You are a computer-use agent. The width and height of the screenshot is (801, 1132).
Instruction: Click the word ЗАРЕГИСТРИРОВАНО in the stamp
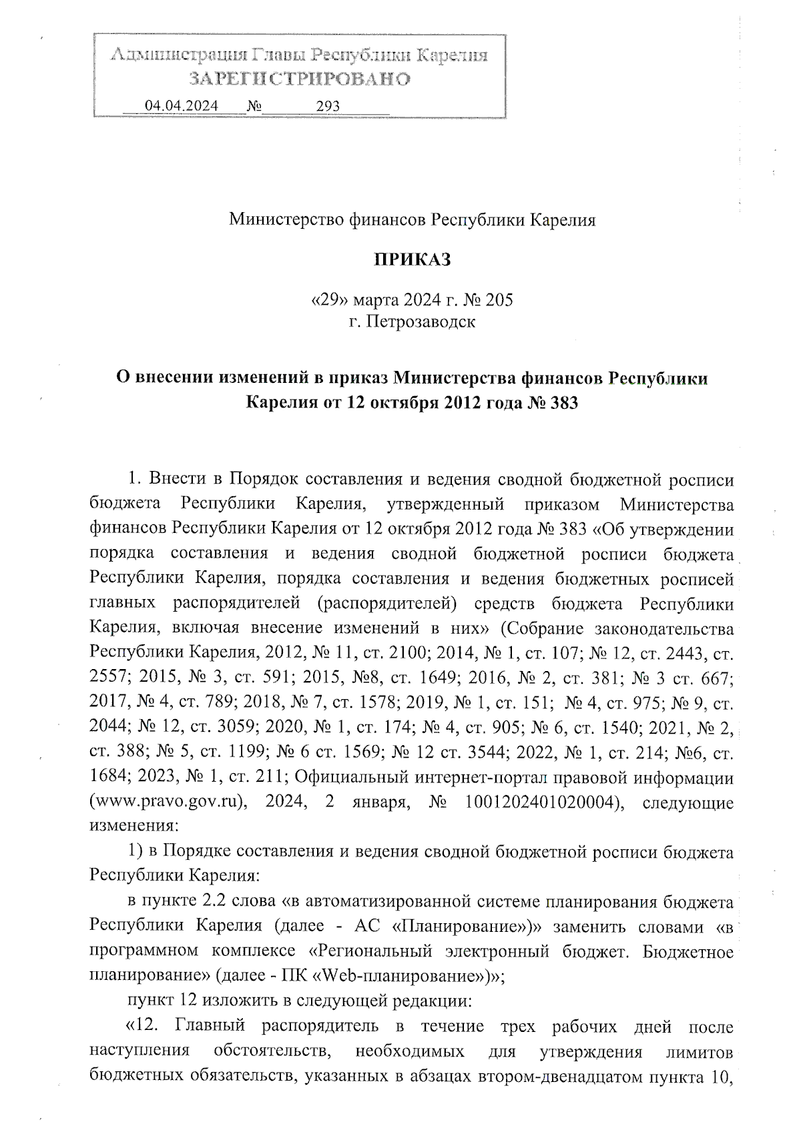coord(299,79)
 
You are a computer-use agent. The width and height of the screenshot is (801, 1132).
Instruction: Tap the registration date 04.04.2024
coord(182,105)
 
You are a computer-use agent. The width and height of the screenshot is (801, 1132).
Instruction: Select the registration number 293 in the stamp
coord(328,105)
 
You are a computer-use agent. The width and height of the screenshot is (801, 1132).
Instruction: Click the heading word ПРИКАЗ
coord(412,259)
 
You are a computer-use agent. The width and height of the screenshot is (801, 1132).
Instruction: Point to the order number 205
coord(499,300)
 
